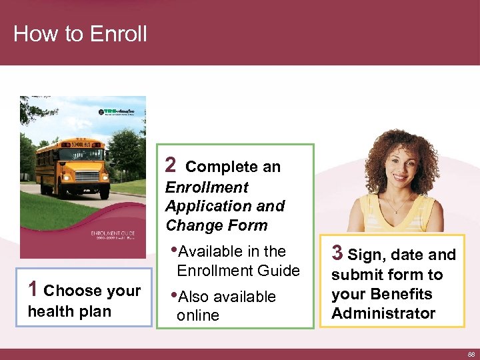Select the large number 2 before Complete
point(171,165)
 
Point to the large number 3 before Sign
point(337,253)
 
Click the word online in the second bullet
point(198,315)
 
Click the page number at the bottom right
point(471,354)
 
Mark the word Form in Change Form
point(247,225)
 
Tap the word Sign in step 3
point(364,255)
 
